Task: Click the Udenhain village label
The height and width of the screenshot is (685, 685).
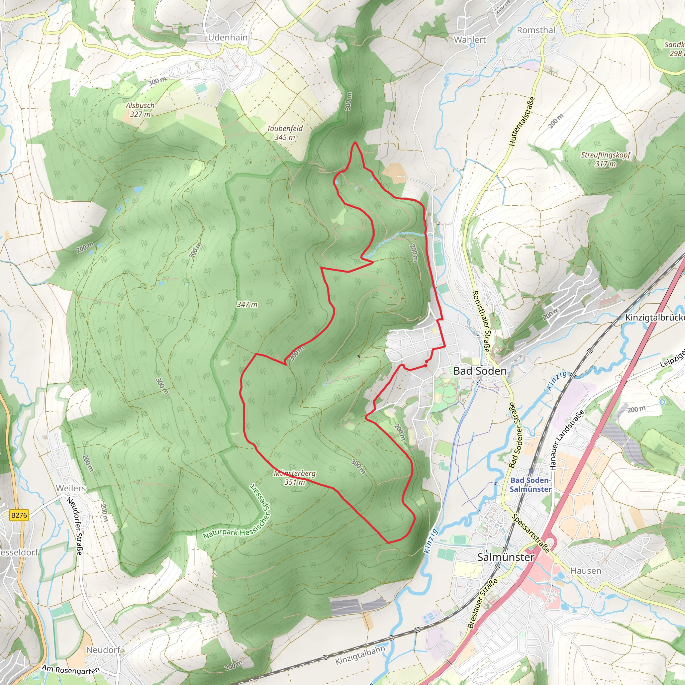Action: click(228, 37)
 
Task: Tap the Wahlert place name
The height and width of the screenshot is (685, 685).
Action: click(470, 40)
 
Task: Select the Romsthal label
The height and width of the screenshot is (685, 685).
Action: click(536, 30)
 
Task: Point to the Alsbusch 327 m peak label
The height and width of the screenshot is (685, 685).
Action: click(140, 110)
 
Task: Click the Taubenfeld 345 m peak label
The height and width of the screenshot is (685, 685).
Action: click(285, 132)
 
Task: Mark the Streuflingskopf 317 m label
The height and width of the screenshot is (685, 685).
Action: click(606, 159)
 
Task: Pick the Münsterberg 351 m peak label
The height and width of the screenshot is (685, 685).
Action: click(295, 478)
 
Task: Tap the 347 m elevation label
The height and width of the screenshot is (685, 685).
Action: click(247, 304)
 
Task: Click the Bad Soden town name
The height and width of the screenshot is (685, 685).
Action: click(480, 371)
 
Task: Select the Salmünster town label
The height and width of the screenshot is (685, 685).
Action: click(506, 557)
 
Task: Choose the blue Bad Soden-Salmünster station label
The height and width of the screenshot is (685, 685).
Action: click(530, 484)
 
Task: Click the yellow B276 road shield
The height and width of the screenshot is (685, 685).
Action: click(19, 515)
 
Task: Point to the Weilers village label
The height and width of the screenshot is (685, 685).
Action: click(71, 488)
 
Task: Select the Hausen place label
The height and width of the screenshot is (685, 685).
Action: click(586, 571)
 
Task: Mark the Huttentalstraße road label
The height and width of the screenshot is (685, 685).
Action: click(521, 121)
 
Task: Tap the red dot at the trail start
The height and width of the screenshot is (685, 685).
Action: click(425, 366)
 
